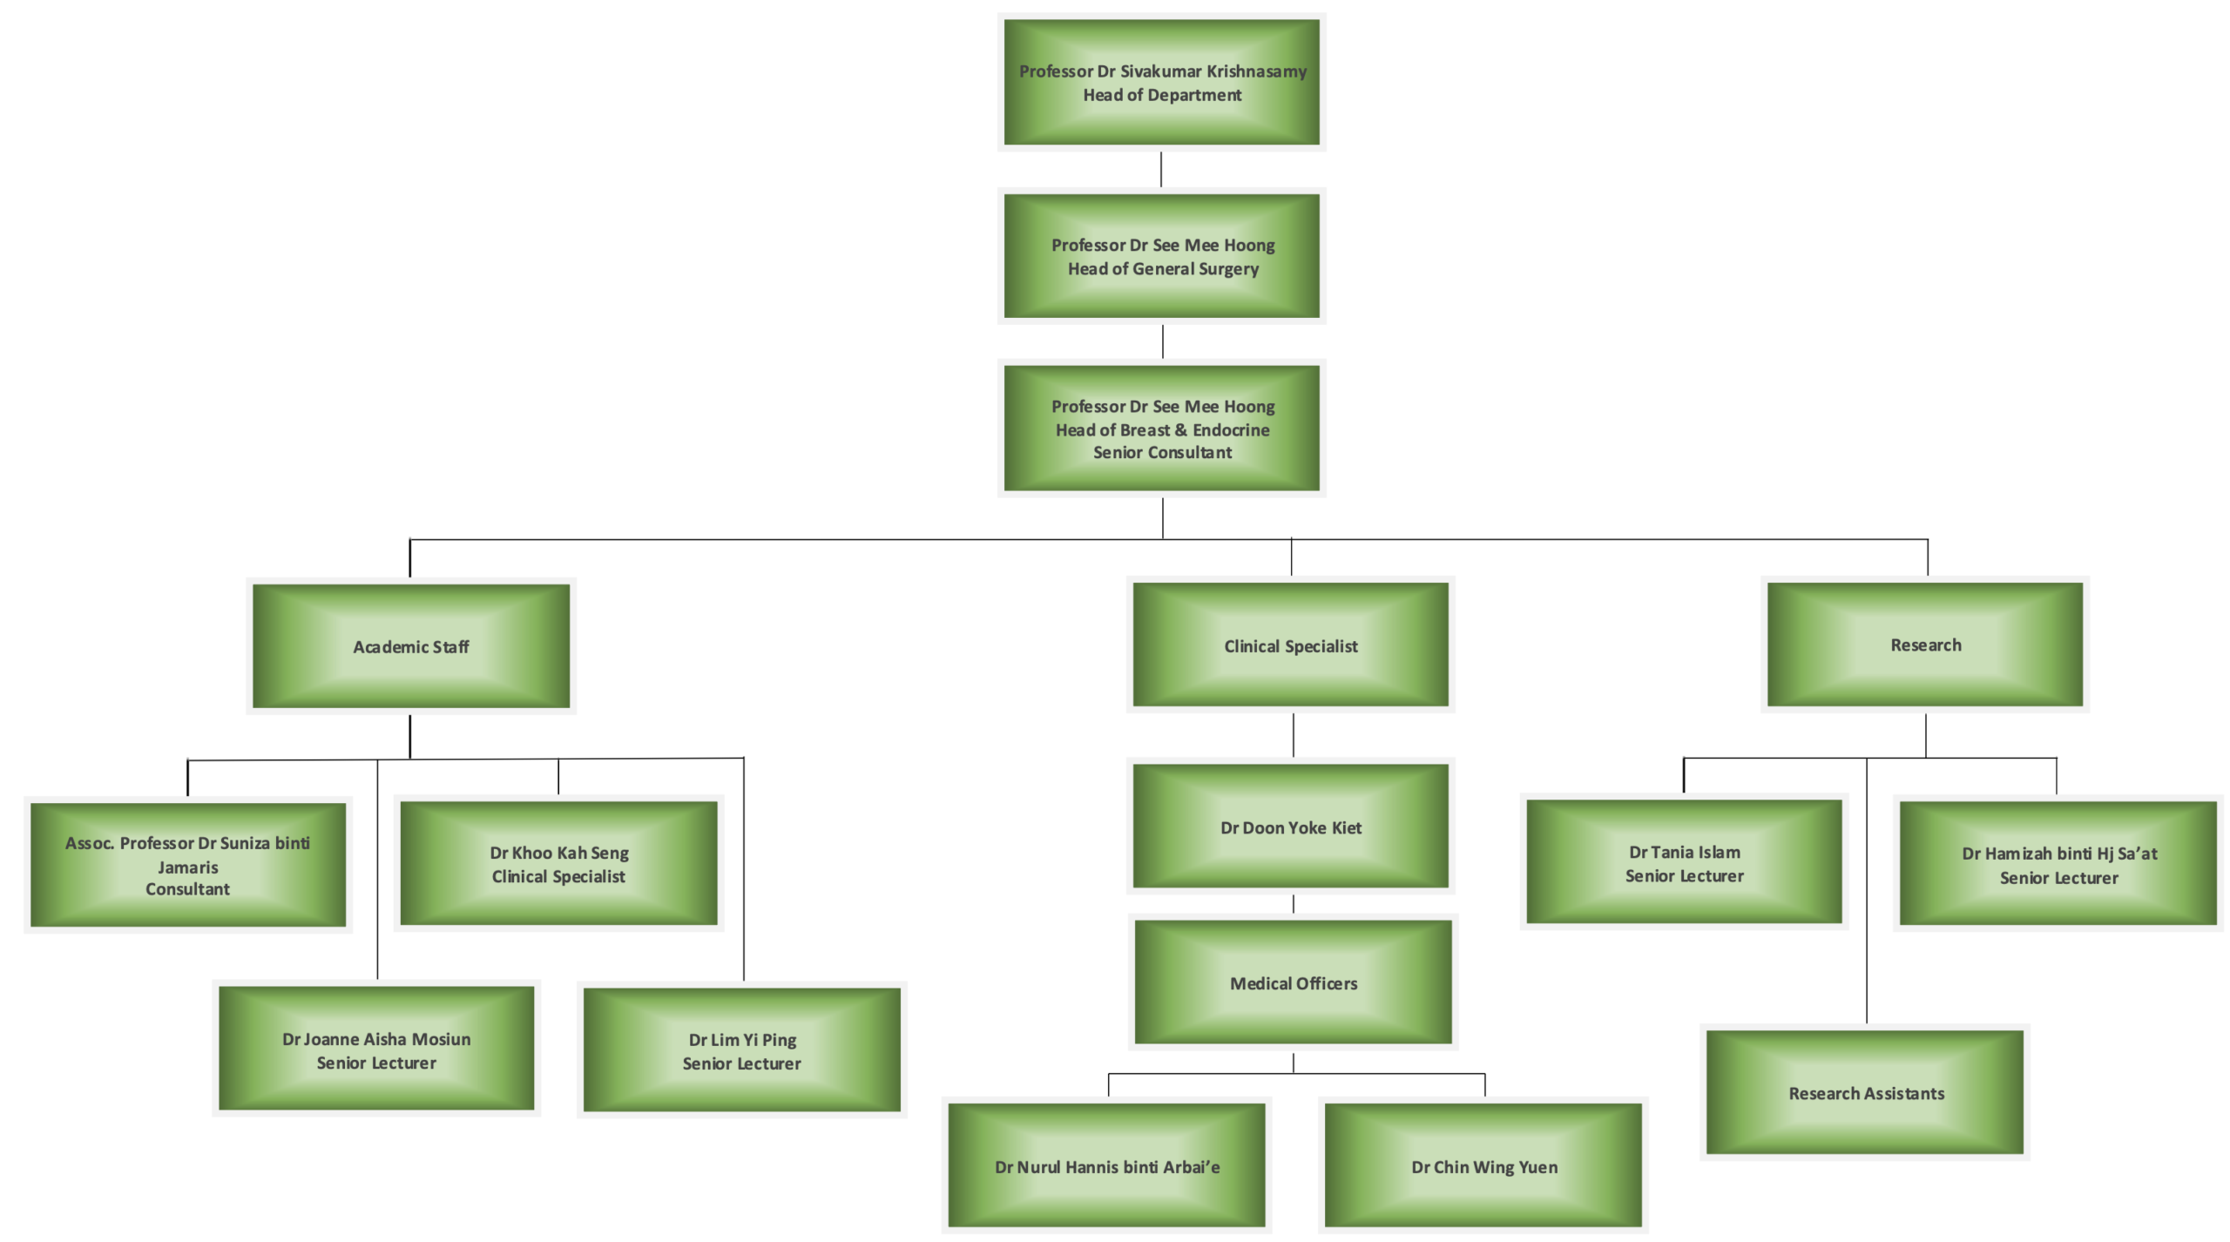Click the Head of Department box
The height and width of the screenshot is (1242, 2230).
tap(1161, 83)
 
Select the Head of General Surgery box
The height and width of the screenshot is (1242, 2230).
tap(1161, 256)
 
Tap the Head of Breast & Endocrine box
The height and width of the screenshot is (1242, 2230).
tap(1161, 429)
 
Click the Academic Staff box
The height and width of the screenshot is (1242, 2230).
tap(410, 646)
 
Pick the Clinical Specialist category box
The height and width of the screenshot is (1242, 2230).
tap(1290, 645)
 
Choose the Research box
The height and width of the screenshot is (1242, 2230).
tap(1925, 645)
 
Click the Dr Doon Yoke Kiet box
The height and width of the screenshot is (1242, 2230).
tap(1290, 827)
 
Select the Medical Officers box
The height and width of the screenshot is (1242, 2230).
tap(1293, 982)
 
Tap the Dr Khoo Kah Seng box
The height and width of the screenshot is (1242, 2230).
tap(558, 864)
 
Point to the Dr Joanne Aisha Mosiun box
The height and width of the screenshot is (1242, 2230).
tap(376, 1050)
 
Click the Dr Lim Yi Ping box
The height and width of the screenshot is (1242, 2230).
tap(741, 1050)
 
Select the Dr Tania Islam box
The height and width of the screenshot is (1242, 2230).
tap(1684, 862)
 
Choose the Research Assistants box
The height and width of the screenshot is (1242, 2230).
tap(1865, 1092)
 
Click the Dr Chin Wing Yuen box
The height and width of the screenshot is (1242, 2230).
tap(1483, 1166)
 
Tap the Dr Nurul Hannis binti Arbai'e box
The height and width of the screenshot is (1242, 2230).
tap(1106, 1166)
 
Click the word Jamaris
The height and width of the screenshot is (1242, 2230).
tap(188, 867)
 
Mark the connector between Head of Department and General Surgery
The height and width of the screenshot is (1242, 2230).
tap(1161, 170)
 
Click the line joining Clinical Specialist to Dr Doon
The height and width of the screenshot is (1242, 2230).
tap(1293, 736)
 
